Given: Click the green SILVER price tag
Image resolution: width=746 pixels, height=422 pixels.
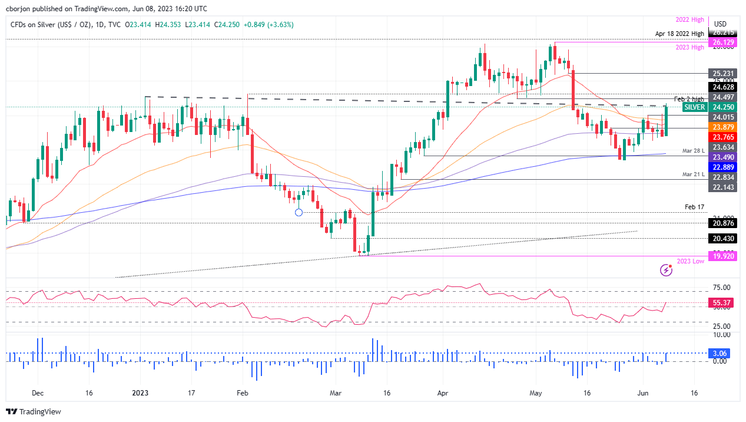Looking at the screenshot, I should coord(694,107).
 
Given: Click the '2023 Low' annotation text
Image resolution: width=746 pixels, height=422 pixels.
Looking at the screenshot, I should coord(689,262).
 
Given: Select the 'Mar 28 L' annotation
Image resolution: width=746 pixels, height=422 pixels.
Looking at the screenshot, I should coord(693,151).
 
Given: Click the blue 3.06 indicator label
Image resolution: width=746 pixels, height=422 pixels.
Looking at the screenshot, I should coord(720,353).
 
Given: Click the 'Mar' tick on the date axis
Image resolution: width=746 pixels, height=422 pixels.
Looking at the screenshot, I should coord(336,393).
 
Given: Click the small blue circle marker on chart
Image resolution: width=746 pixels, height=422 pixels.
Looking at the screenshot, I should coord(299,212).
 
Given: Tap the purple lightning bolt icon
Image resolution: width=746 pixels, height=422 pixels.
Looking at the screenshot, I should coord(666,270).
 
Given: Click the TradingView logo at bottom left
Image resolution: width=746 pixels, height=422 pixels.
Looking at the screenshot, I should coord(34,411).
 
